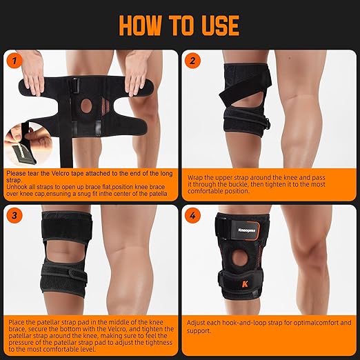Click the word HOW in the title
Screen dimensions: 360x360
tap(140, 26)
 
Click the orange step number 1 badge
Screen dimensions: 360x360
tap(15, 61)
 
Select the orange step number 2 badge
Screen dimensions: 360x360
tap(192, 61)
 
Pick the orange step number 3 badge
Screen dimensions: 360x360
tap(14, 216)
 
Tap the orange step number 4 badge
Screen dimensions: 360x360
tap(192, 216)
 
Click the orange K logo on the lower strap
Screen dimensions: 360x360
tap(245, 284)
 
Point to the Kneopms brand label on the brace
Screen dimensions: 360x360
tap(247, 230)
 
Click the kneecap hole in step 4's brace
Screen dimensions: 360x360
tap(239, 258)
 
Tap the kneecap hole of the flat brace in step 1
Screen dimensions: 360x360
tap(86, 106)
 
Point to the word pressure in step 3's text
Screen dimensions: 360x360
tap(21, 343)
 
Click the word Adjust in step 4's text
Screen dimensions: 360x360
tap(196, 323)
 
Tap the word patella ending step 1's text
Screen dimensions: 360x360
tap(158, 194)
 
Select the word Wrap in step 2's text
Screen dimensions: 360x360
tap(194, 178)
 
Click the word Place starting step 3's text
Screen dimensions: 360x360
tap(17, 322)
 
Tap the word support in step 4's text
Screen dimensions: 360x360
tap(198, 331)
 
